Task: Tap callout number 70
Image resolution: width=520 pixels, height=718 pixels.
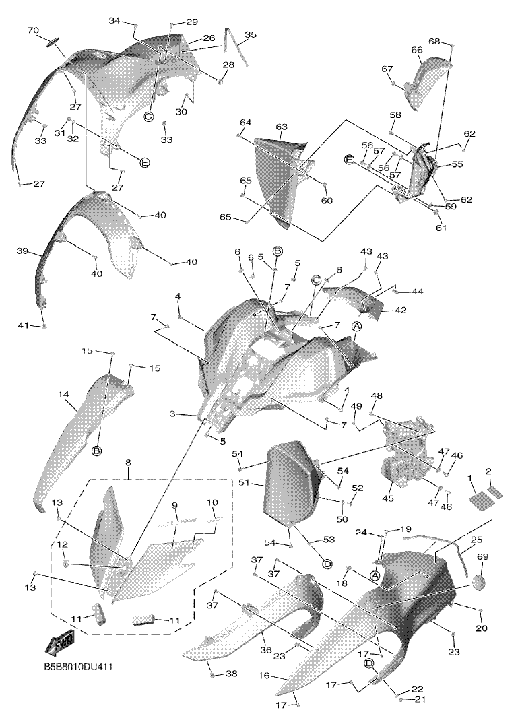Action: pos(33,30)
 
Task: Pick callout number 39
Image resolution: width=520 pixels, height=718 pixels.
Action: pos(22,251)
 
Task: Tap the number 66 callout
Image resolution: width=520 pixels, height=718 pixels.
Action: pos(417,50)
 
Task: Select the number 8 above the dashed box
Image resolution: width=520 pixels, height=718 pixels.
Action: pos(127,464)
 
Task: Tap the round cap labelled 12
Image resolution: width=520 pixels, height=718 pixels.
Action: pos(67,562)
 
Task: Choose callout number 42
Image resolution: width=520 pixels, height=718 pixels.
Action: pos(400,311)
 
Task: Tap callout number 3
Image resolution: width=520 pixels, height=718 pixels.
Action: pos(173,414)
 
